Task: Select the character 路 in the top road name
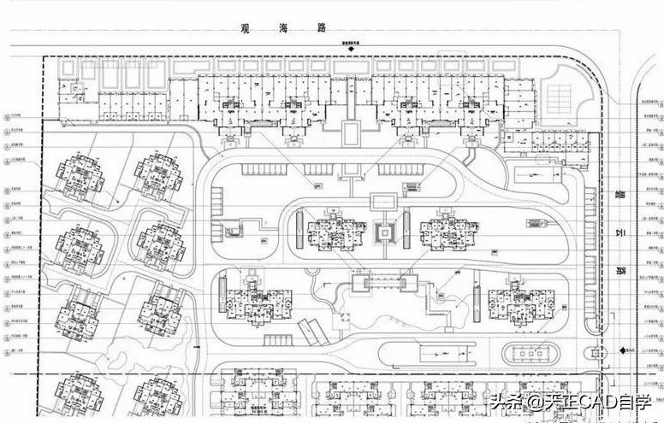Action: tap(323, 27)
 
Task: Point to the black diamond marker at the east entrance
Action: tap(620, 350)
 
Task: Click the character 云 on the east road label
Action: tap(622, 230)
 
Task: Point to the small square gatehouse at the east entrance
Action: tap(593, 351)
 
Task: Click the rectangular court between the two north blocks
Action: tap(350, 132)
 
